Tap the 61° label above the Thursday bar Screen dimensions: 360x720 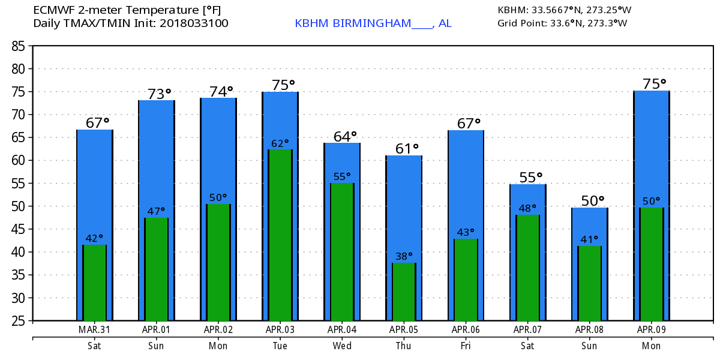[406, 148]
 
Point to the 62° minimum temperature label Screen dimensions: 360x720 [280, 144]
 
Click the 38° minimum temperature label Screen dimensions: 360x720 [404, 257]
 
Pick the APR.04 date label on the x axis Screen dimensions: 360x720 [341, 329]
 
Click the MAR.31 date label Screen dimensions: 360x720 [94, 329]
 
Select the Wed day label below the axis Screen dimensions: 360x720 [341, 346]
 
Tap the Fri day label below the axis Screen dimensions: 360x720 [466, 346]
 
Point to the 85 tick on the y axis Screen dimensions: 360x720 [19, 46]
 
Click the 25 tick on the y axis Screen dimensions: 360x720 [19, 321]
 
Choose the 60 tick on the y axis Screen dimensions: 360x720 [19, 161]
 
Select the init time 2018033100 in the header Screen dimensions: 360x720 [199, 23]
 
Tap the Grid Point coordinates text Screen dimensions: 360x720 [562, 23]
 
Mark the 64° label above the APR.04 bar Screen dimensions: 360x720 [344, 136]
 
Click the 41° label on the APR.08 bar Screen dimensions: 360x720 [590, 240]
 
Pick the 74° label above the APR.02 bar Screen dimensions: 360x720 [221, 91]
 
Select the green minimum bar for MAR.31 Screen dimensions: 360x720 [94, 283]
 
